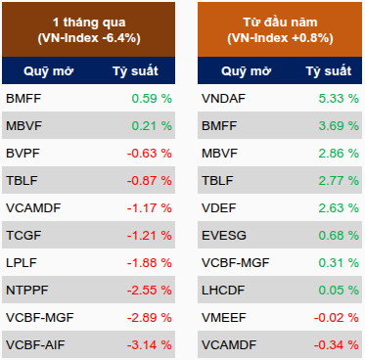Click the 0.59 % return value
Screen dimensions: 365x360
tap(152, 99)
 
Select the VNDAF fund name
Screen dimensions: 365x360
tap(223, 99)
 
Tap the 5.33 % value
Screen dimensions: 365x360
tap(339, 99)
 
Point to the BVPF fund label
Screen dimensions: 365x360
tap(23, 154)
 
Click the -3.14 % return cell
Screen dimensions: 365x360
tap(150, 345)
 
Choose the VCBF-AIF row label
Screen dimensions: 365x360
tap(35, 345)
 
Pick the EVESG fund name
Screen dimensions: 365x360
tap(224, 236)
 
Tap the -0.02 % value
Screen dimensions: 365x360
tap(337, 318)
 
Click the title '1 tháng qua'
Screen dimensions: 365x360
tap(89, 22)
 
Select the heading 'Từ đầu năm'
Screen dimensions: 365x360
tap(280, 22)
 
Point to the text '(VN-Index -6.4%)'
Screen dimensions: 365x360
tap(89, 38)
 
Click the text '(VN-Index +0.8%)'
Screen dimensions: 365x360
tap(280, 38)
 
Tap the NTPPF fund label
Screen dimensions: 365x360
tap(27, 291)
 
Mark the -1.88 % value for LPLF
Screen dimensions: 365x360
tap(150, 263)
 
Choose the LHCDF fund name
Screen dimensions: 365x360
tap(223, 291)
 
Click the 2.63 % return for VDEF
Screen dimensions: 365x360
tap(339, 208)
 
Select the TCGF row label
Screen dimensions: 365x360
tap(23, 236)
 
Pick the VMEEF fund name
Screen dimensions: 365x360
tap(224, 318)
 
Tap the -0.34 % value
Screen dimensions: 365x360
tap(337, 345)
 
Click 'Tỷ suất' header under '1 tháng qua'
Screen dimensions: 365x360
tap(135, 71)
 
